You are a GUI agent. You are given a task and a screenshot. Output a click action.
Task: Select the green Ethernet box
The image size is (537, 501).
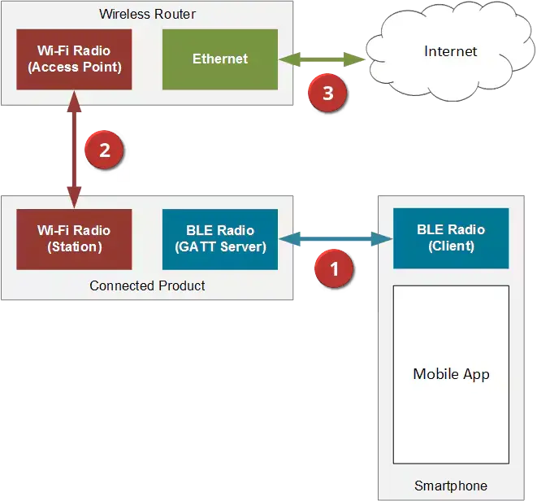coord(220,59)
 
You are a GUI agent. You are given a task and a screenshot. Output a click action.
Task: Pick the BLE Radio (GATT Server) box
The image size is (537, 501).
coord(220,239)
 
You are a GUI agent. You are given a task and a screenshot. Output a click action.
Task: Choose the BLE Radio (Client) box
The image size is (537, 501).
coord(451,237)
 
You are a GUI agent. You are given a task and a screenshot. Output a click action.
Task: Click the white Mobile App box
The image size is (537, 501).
coord(451,374)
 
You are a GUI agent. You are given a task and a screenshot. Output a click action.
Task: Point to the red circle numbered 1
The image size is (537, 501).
coord(332,266)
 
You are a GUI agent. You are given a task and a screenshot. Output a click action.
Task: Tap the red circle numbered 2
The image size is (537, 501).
coord(103,150)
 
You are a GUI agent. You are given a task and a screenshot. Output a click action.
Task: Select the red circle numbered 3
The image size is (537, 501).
coord(327,93)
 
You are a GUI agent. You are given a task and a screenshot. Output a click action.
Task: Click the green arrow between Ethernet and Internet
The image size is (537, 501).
coord(322,59)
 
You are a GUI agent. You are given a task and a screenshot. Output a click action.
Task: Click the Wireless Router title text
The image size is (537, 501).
coord(147,14)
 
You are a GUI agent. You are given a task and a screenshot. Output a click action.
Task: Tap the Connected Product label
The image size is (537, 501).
coord(147,285)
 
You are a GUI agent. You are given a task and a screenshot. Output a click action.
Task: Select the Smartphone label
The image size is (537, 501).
coord(451,486)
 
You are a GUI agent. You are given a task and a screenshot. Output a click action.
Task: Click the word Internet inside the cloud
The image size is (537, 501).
coord(450,51)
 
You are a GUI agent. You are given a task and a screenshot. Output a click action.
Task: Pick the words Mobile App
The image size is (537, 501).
coord(451,374)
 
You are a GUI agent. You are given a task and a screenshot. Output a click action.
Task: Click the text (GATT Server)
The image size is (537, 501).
coord(220,246)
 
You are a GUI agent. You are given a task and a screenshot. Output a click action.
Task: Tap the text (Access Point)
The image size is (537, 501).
coord(74,67)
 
